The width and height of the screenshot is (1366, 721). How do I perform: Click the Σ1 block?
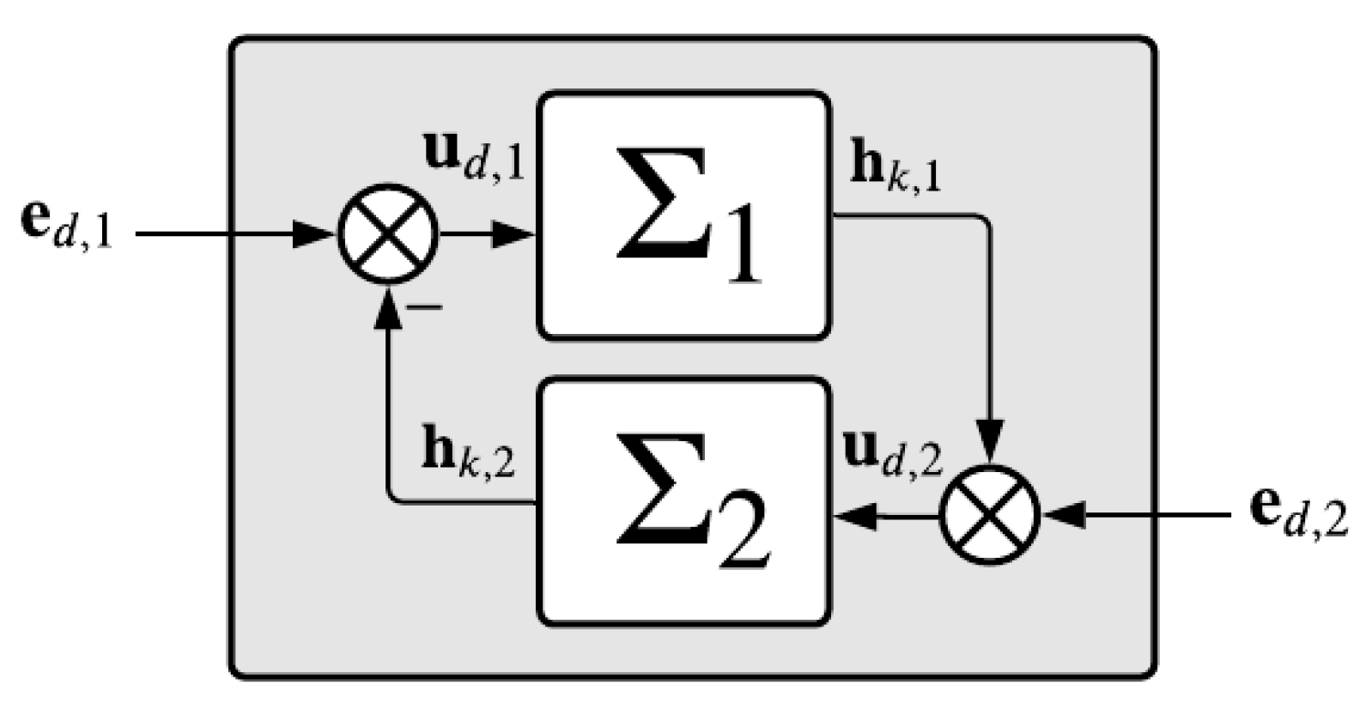click(x=683, y=215)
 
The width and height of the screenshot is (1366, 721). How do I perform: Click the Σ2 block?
click(x=683, y=502)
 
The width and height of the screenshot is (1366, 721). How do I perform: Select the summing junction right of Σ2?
click(x=990, y=516)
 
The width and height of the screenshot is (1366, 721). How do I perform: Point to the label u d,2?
click(x=893, y=454)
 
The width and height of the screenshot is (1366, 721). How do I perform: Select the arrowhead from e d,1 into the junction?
click(x=314, y=233)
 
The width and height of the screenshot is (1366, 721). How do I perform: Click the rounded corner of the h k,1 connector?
click(x=985, y=221)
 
